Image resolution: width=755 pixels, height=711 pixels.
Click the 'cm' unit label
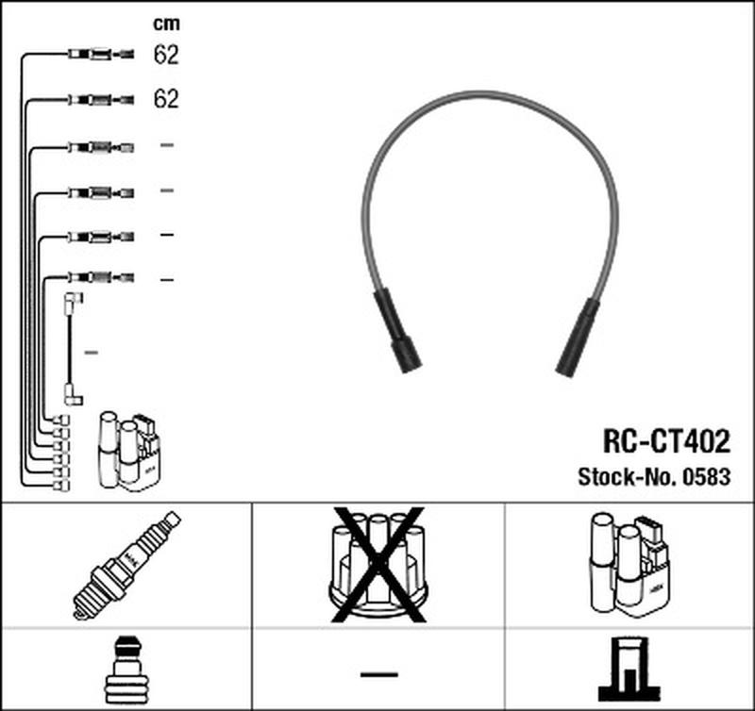pos(167,24)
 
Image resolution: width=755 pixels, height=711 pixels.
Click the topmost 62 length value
pos(166,55)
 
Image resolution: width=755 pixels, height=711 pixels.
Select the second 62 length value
pos(166,99)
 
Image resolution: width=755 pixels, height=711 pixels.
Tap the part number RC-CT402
pos(667,440)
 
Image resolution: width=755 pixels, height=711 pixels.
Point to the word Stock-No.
pos(628,477)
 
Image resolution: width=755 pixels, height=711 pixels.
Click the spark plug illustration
pos(126,565)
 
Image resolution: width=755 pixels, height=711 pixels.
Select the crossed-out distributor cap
pos(378,565)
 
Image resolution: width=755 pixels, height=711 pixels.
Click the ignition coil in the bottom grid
pos(629,566)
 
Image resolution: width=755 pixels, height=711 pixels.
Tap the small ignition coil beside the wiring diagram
pos(128,451)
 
